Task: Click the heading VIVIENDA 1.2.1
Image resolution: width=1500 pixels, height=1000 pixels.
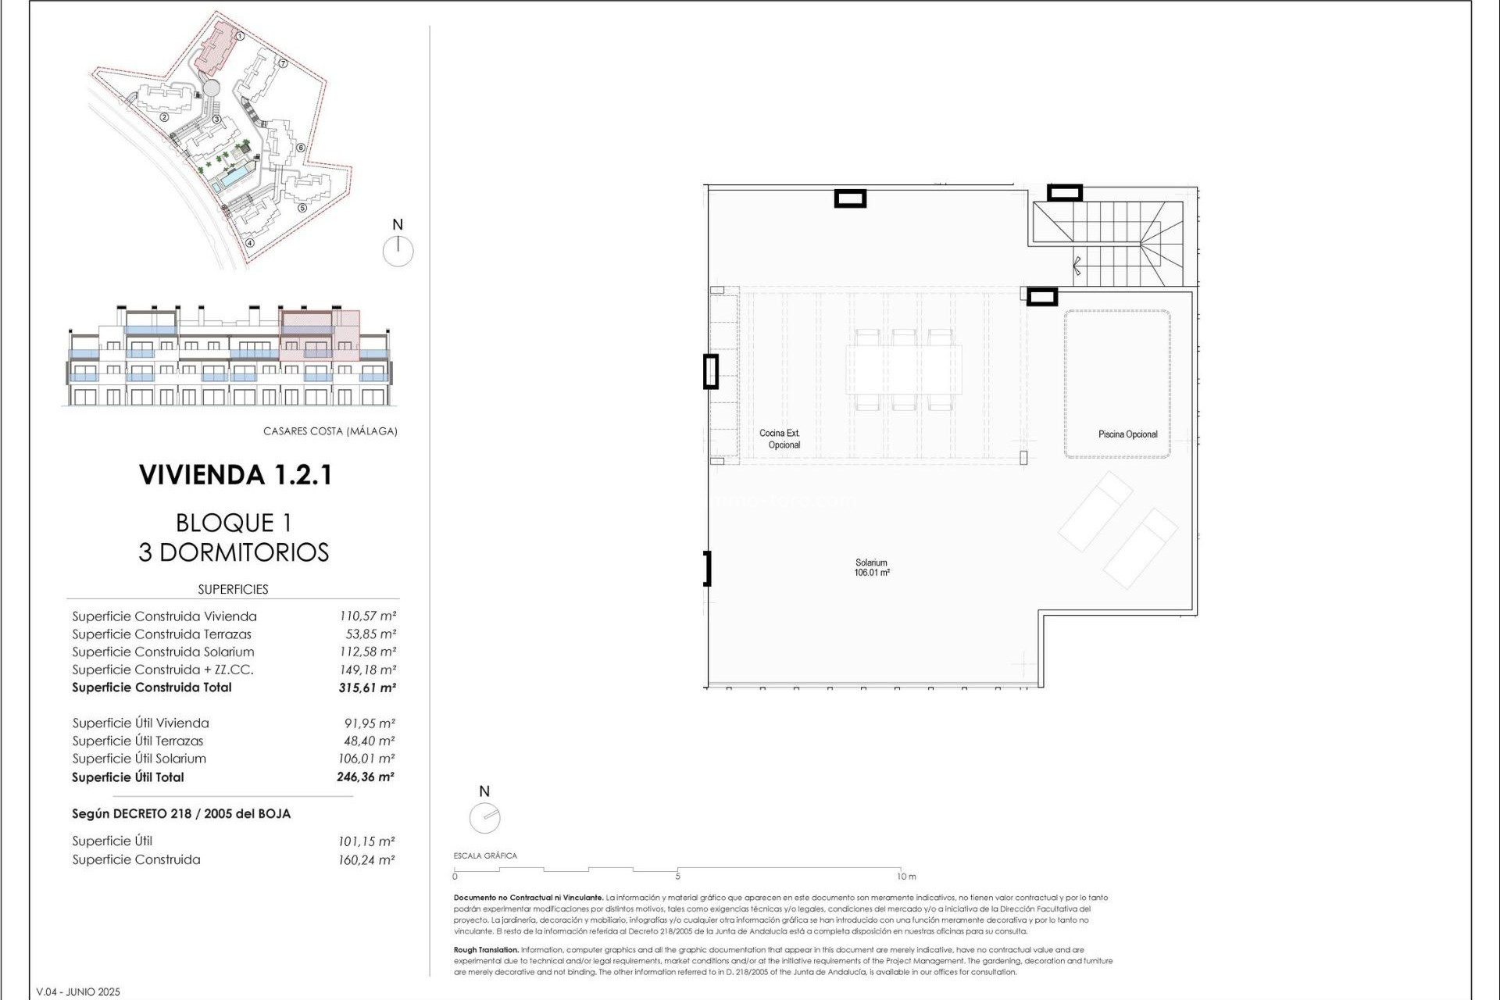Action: click(x=235, y=475)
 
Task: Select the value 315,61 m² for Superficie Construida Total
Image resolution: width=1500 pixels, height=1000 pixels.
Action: click(x=366, y=688)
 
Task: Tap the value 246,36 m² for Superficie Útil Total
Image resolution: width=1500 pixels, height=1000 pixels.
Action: click(x=365, y=777)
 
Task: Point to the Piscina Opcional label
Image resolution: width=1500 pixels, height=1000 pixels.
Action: click(x=1127, y=434)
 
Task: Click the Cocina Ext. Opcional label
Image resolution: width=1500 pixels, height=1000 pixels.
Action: click(x=780, y=439)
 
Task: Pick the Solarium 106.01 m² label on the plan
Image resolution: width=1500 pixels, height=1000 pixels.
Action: click(x=871, y=568)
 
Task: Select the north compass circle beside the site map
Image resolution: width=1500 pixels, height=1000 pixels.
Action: click(x=398, y=252)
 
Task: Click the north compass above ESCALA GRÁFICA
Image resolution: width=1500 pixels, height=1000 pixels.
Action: click(x=484, y=818)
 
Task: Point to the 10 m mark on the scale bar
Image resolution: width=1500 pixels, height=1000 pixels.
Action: click(x=905, y=877)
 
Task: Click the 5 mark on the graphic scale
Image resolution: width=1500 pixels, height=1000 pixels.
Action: click(x=677, y=876)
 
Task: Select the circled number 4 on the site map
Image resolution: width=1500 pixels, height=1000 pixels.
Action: click(x=250, y=243)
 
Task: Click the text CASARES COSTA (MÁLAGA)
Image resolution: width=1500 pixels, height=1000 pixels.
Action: click(x=330, y=431)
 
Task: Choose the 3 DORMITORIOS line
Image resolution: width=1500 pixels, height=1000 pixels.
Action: click(x=234, y=552)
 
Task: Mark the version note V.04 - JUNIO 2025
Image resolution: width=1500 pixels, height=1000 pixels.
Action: click(x=78, y=992)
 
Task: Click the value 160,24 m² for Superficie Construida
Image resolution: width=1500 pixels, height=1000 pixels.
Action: click(x=366, y=860)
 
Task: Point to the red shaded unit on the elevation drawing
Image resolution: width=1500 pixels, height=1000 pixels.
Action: click(x=319, y=336)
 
